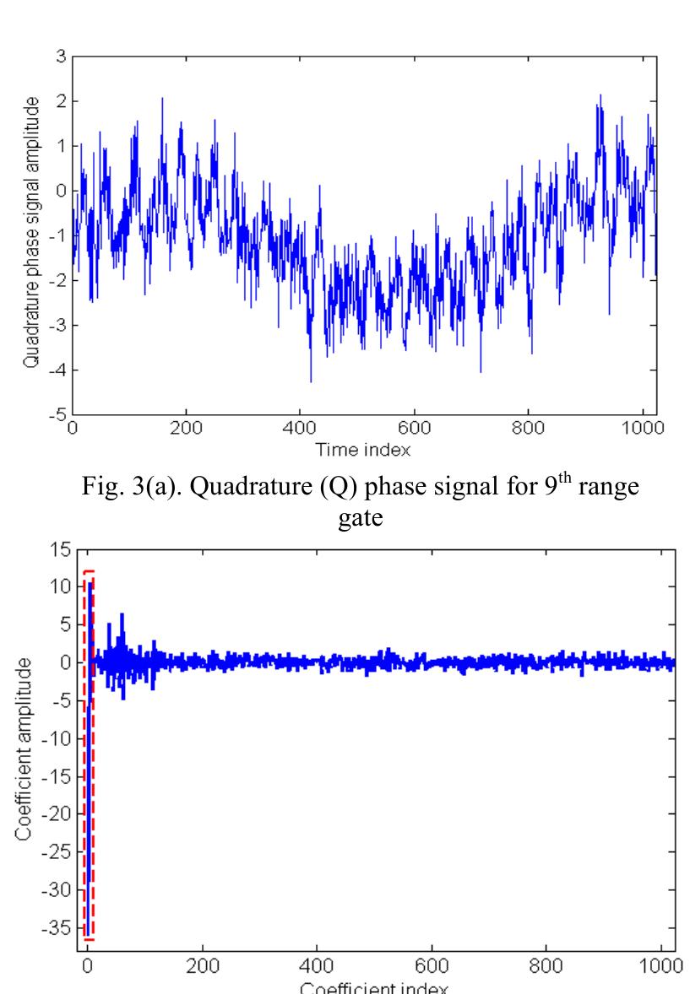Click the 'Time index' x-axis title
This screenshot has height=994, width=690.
(x=363, y=451)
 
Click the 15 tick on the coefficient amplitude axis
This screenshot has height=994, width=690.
(x=58, y=548)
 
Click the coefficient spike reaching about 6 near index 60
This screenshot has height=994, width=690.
(x=122, y=616)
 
